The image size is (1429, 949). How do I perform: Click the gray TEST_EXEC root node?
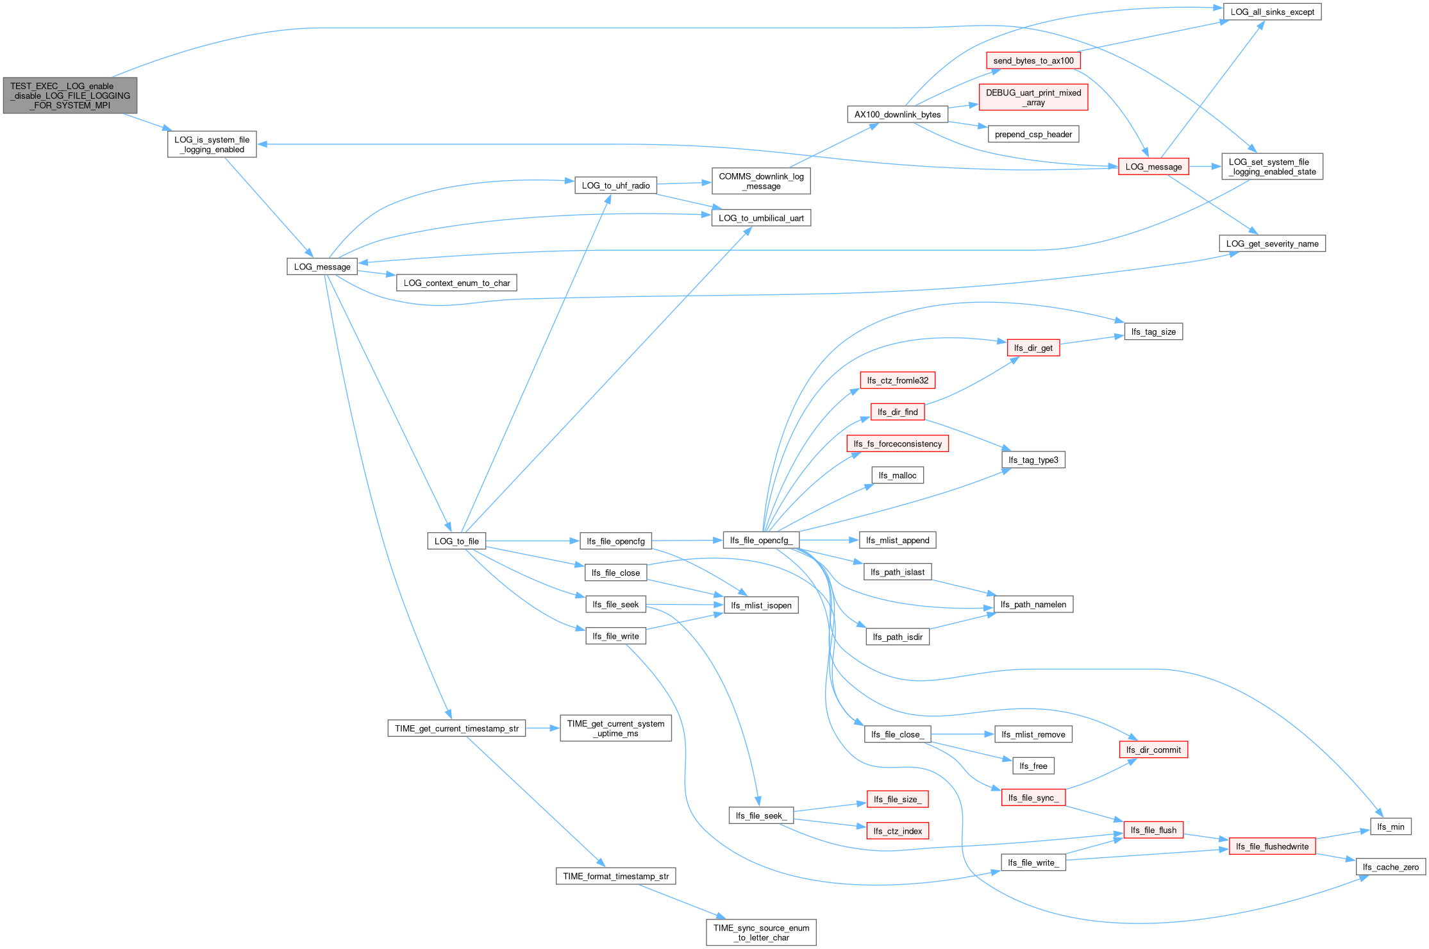(70, 96)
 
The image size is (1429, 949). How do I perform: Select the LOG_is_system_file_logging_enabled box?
(212, 144)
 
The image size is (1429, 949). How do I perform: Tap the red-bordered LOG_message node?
(1153, 167)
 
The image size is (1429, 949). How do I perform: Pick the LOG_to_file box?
(456, 541)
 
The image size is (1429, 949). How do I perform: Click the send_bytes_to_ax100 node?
(1033, 61)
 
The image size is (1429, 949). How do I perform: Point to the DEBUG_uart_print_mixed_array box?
(1033, 97)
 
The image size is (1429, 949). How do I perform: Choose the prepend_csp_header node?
(1033, 135)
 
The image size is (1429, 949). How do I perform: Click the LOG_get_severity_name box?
(1272, 244)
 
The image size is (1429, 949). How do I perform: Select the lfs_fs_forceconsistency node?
(898, 444)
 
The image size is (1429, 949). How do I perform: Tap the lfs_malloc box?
(898, 475)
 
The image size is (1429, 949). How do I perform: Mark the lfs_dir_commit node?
(1153, 750)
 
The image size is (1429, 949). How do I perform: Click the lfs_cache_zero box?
(1391, 867)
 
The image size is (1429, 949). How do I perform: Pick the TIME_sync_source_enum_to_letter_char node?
(761, 932)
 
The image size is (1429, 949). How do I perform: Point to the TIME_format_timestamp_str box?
(615, 876)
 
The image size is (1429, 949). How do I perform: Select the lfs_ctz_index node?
(898, 831)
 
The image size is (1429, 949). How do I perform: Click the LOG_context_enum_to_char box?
(456, 283)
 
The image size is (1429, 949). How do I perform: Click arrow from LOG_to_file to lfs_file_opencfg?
(533, 541)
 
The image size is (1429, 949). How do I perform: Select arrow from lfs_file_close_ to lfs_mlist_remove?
(963, 734)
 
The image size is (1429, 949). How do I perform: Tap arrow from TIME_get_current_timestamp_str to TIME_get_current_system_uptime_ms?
(543, 728)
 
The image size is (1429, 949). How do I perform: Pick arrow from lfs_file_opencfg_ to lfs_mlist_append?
(830, 541)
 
